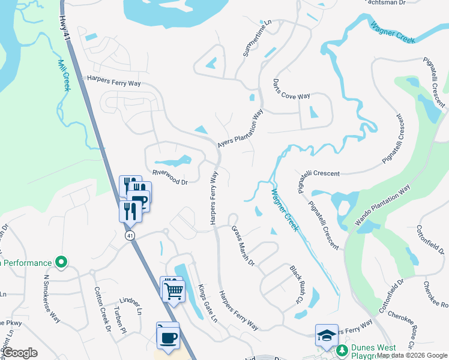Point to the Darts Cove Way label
click(291, 88)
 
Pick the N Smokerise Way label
click(52, 298)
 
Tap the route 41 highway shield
click(130, 236)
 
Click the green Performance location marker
click(61, 262)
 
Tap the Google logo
click(20, 353)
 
